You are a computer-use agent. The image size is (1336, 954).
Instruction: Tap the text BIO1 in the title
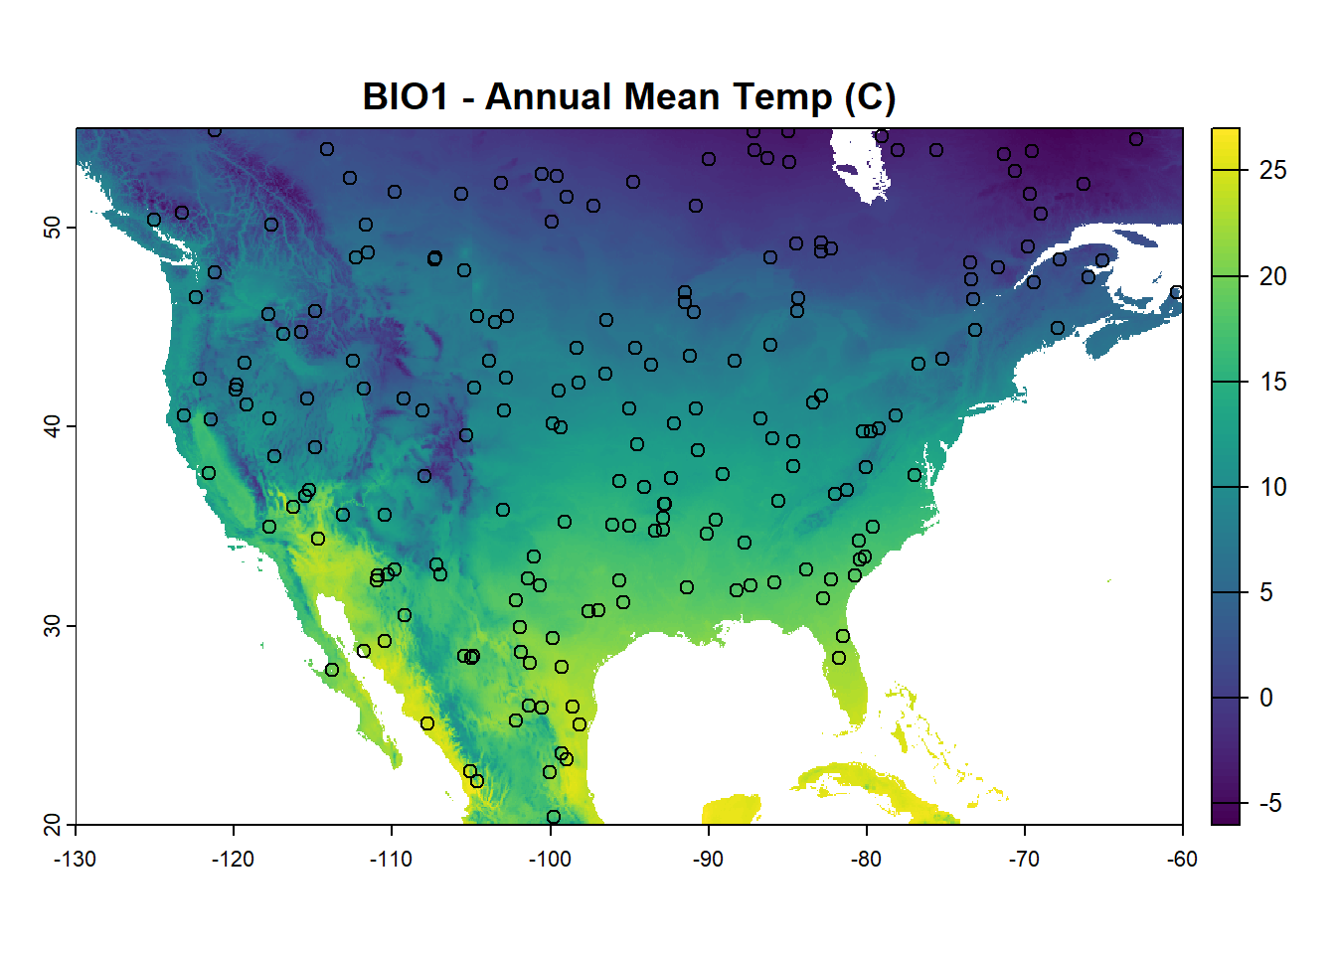tap(406, 97)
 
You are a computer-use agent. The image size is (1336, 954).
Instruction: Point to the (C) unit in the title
tap(870, 97)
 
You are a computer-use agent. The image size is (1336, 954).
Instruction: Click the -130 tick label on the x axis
tap(76, 860)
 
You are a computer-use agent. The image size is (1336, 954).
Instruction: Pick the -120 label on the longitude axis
tap(234, 860)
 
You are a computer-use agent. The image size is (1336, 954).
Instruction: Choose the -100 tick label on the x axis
tap(550, 860)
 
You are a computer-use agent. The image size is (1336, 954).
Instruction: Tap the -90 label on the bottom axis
tap(708, 860)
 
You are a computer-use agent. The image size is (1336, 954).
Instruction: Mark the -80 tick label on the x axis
tap(866, 860)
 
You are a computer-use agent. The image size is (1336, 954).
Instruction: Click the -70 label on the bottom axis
tap(1024, 860)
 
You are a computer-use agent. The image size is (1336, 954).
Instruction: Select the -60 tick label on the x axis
tap(1182, 860)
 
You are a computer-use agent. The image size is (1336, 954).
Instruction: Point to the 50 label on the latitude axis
tap(52, 228)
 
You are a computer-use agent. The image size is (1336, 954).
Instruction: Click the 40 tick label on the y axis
tap(52, 426)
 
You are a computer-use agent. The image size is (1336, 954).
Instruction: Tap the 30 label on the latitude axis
tap(52, 625)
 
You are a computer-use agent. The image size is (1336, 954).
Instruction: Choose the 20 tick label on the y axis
tap(52, 824)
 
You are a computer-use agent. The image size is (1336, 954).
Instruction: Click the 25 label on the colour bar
tap(1272, 171)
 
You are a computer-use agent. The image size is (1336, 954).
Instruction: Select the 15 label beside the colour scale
tap(1272, 382)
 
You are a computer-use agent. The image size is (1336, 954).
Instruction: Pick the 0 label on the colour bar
tap(1266, 698)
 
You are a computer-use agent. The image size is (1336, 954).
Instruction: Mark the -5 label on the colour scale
tap(1269, 803)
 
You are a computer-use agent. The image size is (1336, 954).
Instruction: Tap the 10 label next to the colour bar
tap(1272, 487)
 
